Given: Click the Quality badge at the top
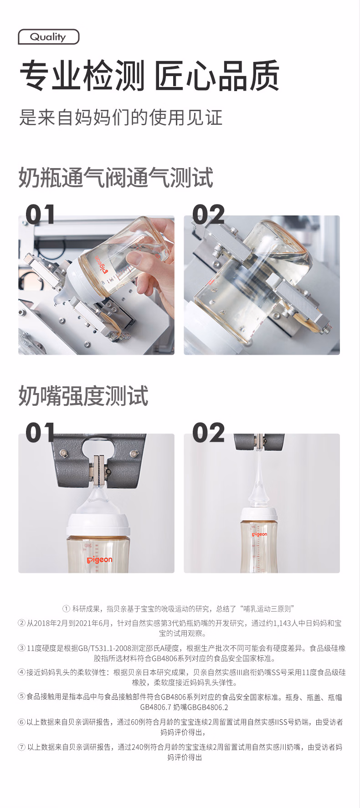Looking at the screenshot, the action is [48, 37].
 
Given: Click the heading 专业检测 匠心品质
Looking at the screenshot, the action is [149, 76].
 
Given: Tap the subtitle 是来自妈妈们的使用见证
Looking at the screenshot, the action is [121, 117].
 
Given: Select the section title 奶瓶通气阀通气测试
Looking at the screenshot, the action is [116, 178].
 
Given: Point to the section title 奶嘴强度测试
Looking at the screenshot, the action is [83, 396].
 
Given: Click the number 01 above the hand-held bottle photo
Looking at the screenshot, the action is [40, 215].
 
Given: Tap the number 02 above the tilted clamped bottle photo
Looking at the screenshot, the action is [208, 215].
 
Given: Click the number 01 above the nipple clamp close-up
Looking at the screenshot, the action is [40, 432].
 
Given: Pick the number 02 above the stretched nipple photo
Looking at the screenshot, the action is [208, 432].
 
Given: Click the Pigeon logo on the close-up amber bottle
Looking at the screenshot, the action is [99, 559].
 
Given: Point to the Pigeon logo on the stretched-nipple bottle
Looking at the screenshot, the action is [260, 534].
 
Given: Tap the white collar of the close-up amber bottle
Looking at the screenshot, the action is [98, 525].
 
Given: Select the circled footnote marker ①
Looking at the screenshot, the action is [66, 609].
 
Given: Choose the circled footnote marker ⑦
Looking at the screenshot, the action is [22, 747].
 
